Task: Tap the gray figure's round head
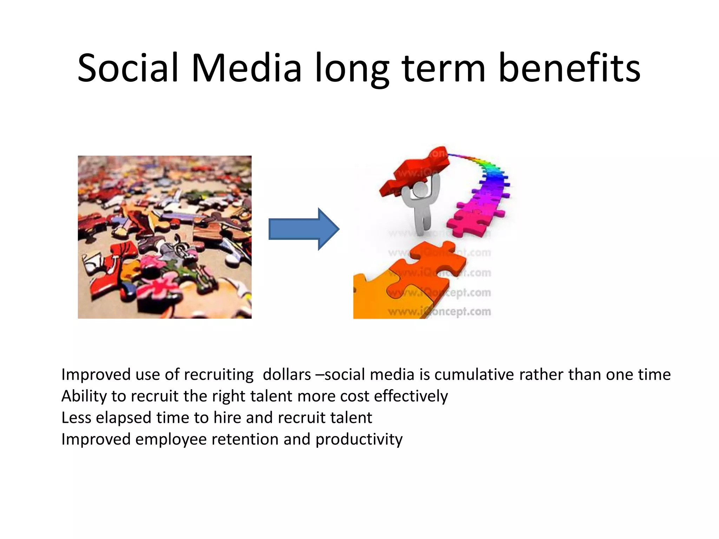[420, 190]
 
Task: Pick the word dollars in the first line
[287, 374]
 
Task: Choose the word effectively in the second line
[411, 396]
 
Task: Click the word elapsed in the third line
[124, 418]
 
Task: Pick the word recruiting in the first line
[219, 375]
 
